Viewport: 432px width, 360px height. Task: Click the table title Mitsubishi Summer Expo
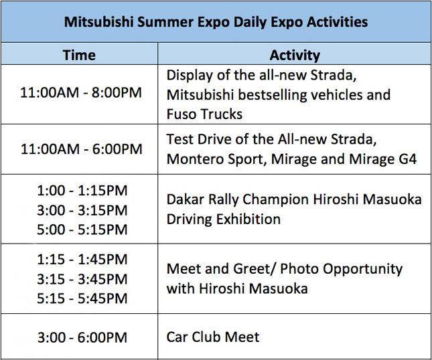point(216,21)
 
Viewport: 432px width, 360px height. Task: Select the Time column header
point(79,56)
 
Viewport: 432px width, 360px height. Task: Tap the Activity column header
point(294,56)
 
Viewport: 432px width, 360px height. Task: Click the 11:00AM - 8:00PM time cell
point(81,93)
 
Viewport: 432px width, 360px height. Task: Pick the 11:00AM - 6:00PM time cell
point(81,149)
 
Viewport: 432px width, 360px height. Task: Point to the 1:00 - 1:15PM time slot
point(81,191)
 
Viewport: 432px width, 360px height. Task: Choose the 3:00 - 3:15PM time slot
point(81,210)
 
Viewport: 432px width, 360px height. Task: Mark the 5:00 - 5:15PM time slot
point(81,230)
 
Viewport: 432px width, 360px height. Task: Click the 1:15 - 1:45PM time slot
point(81,259)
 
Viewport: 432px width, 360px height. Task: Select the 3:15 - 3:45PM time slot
point(81,278)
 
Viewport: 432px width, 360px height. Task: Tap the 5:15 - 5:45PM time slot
point(81,298)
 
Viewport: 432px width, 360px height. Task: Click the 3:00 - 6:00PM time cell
point(81,337)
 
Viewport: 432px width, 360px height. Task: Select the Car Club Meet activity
point(212,337)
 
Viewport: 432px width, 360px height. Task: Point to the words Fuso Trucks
point(204,114)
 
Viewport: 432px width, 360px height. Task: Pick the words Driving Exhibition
point(223,219)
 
